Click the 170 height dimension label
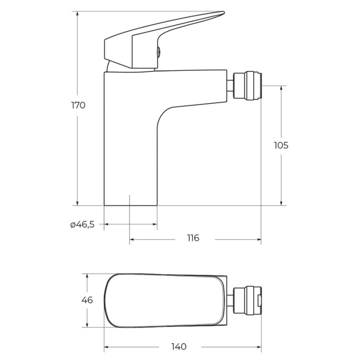(x=78, y=105)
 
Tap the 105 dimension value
(x=281, y=145)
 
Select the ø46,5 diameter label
(x=82, y=224)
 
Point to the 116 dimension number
(x=193, y=238)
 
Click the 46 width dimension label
(x=87, y=300)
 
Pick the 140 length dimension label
(x=179, y=347)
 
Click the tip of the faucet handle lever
(x=224, y=12)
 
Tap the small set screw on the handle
(x=158, y=52)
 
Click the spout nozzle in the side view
(x=247, y=86)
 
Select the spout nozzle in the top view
(x=247, y=300)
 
